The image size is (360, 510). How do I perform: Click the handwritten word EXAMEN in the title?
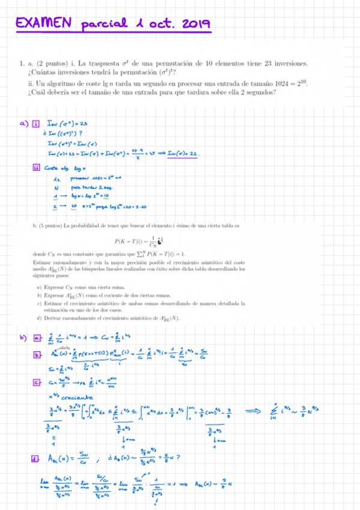pyautogui.click(x=42, y=23)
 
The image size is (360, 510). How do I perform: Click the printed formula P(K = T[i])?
pyautogui.click(x=131, y=242)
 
